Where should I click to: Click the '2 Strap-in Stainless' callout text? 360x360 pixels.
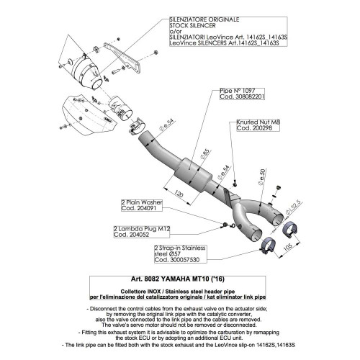181,246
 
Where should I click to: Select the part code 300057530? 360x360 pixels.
186,258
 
